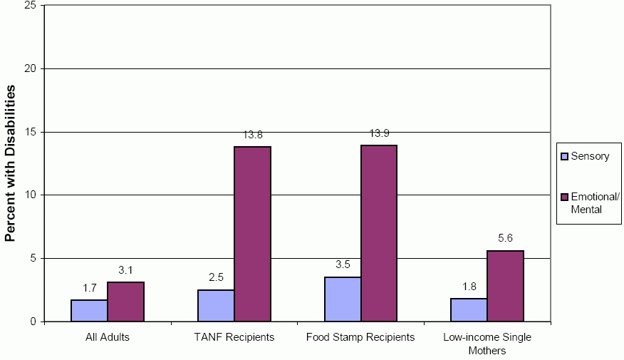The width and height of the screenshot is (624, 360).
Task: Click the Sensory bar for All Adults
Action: click(89, 310)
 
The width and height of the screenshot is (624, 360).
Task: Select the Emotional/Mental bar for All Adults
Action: click(125, 302)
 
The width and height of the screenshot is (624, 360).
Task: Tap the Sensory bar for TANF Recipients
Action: click(216, 305)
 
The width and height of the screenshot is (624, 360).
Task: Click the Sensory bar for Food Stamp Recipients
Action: click(343, 299)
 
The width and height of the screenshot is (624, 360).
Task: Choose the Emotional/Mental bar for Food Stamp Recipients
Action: click(379, 233)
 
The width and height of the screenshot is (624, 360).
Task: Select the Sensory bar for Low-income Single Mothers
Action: click(469, 309)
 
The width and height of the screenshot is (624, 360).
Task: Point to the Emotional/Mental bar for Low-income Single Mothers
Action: click(506, 286)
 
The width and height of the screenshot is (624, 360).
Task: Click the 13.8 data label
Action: click(254, 135)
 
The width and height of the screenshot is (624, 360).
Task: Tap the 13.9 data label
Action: click(380, 133)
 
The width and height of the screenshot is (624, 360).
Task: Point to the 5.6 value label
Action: click(506, 239)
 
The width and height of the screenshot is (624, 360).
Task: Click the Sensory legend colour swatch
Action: click(565, 156)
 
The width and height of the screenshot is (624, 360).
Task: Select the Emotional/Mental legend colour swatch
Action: click(565, 197)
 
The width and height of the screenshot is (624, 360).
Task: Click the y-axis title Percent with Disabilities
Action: click(11, 163)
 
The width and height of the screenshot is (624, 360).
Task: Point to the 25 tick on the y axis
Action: click(30, 6)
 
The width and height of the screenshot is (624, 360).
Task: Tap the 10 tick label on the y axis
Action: click(30, 195)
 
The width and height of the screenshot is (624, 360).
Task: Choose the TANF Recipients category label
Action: click(234, 337)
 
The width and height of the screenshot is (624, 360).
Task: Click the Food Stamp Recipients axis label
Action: click(360, 337)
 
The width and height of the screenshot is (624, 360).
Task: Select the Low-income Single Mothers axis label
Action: click(487, 344)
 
